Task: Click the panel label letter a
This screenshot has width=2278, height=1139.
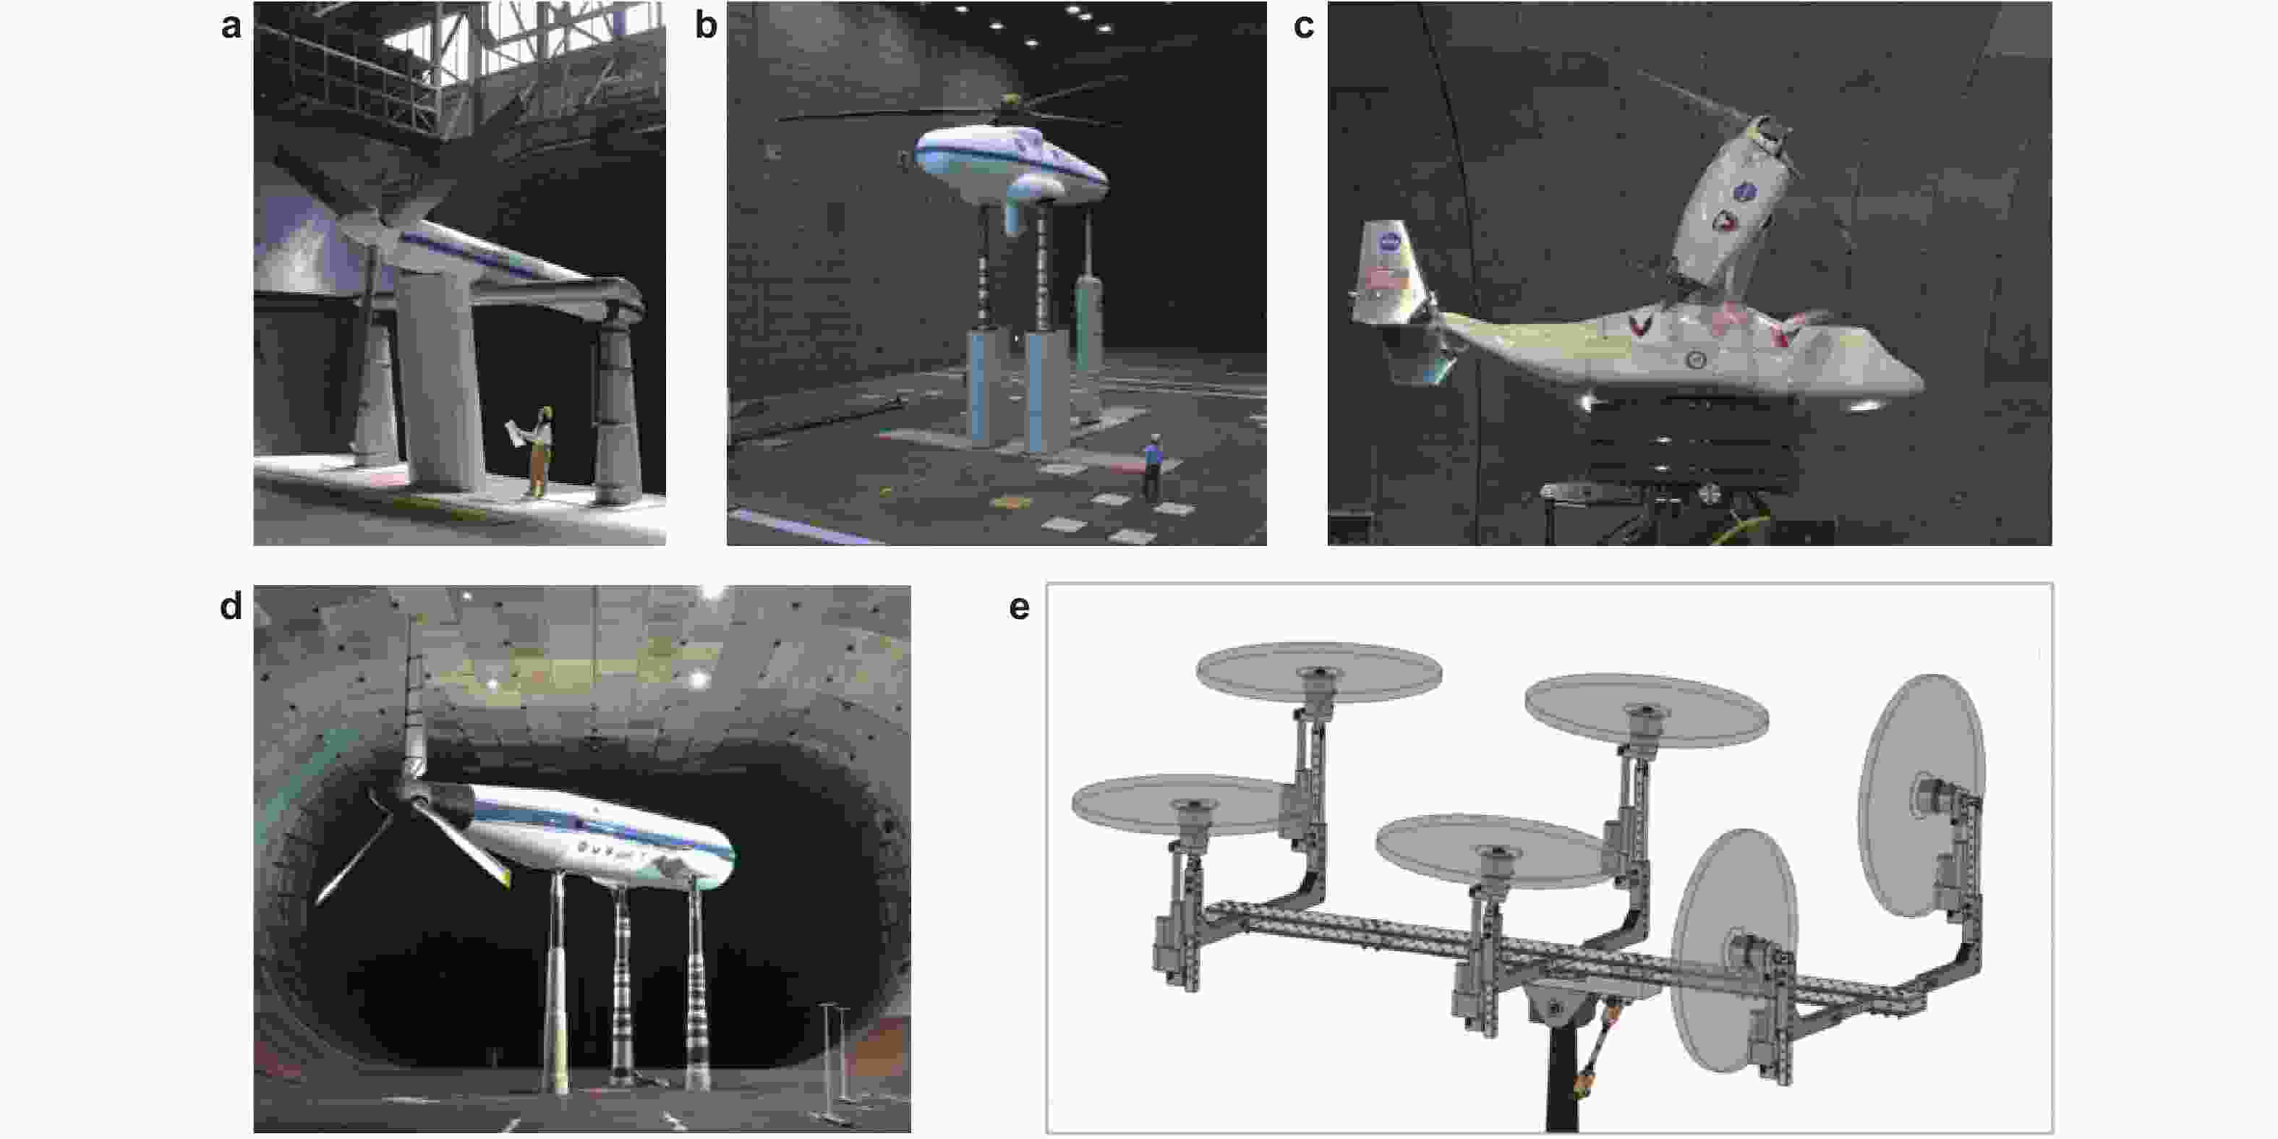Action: [231, 27]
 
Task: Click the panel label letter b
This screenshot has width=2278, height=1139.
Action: [705, 24]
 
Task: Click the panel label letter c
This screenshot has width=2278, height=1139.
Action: [1303, 27]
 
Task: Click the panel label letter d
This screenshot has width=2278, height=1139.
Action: [231, 607]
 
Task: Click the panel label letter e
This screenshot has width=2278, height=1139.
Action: [1019, 608]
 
